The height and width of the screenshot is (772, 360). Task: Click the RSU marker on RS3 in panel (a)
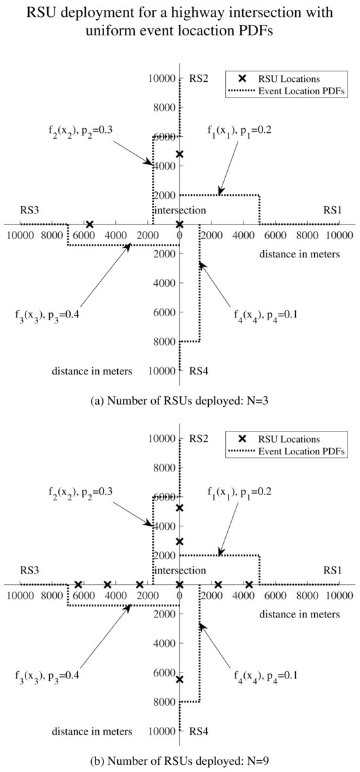(90, 225)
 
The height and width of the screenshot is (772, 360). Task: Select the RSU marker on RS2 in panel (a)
(180, 154)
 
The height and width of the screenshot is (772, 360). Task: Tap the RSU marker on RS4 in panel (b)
(180, 680)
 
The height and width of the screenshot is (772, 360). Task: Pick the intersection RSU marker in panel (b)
(180, 585)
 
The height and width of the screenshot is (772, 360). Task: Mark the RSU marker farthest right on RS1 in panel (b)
(249, 585)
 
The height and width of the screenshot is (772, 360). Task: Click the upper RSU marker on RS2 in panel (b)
(180, 508)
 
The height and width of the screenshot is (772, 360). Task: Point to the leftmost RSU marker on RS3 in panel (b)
(78, 585)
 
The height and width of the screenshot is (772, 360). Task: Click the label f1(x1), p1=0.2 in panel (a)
(239, 130)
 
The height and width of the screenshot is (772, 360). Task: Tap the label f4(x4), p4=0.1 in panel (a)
(266, 314)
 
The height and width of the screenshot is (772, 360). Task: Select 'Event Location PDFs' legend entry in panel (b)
(292, 451)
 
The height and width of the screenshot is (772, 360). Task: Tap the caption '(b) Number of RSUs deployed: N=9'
(180, 762)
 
